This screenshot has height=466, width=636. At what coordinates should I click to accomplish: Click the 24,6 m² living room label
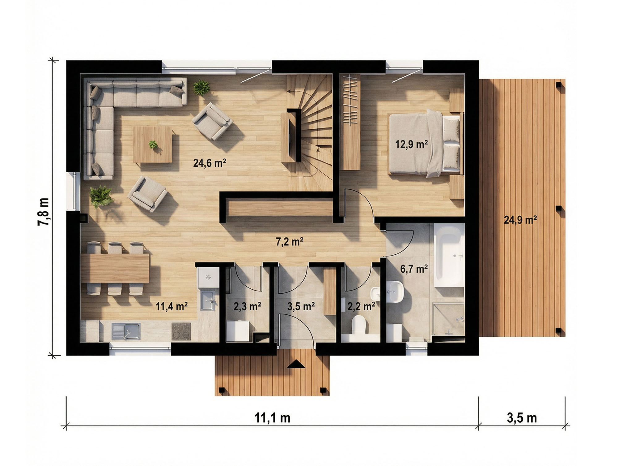click(210, 163)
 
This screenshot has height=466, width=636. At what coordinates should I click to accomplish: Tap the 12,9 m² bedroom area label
click(412, 145)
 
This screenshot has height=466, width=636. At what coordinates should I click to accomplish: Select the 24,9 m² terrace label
click(520, 220)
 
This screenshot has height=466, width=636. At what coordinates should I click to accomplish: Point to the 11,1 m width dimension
click(272, 418)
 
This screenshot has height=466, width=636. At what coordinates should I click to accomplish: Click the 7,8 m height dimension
click(44, 212)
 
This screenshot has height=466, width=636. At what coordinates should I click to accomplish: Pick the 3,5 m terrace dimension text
click(522, 418)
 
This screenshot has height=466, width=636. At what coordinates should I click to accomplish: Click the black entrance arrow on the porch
click(296, 364)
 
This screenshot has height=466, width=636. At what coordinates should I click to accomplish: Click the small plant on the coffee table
click(153, 145)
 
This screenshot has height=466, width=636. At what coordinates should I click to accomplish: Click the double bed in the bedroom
click(425, 144)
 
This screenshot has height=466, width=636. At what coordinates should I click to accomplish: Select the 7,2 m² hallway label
click(289, 242)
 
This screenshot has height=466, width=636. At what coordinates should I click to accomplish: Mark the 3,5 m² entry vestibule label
click(301, 306)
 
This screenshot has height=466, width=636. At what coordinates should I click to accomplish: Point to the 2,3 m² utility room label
click(247, 306)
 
